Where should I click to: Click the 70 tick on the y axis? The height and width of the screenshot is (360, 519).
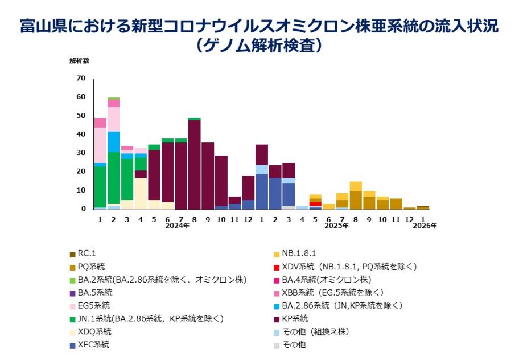81,78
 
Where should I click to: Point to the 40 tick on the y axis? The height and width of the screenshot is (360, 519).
81,134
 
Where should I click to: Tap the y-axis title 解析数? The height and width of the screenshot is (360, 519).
79,60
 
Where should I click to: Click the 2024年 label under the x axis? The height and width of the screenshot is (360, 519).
177,226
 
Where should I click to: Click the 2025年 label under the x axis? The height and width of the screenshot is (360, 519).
336,226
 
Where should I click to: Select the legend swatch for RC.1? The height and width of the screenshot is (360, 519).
72,253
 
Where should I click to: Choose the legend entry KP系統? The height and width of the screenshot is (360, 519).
296,318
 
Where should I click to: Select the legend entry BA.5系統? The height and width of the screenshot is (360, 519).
94,292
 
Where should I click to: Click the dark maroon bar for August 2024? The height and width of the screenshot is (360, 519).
194,164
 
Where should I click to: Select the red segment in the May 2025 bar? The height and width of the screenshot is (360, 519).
315,204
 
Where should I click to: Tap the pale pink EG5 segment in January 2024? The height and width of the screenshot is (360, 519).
100,145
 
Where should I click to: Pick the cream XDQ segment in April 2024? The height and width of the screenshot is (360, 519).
140,194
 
